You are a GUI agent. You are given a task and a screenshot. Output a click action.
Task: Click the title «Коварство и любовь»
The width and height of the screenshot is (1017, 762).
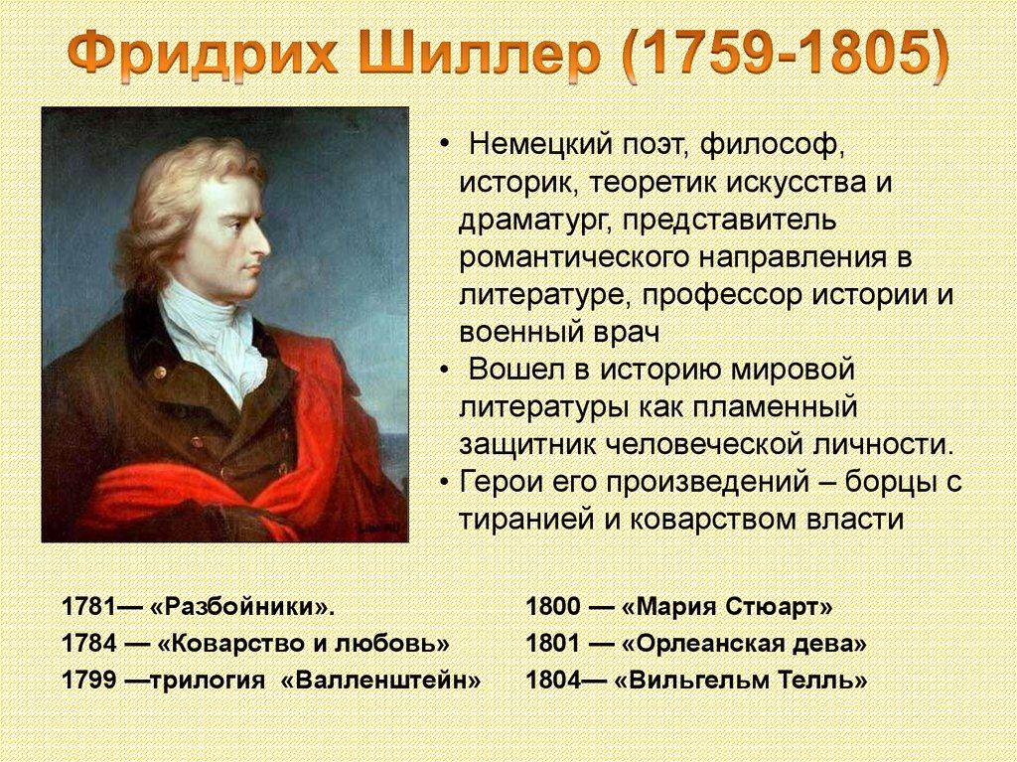pos(303,643)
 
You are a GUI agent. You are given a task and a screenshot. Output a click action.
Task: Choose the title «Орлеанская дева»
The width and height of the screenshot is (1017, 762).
pos(744,643)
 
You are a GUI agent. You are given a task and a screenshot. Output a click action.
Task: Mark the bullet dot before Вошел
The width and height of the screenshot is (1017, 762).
pos(444,371)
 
